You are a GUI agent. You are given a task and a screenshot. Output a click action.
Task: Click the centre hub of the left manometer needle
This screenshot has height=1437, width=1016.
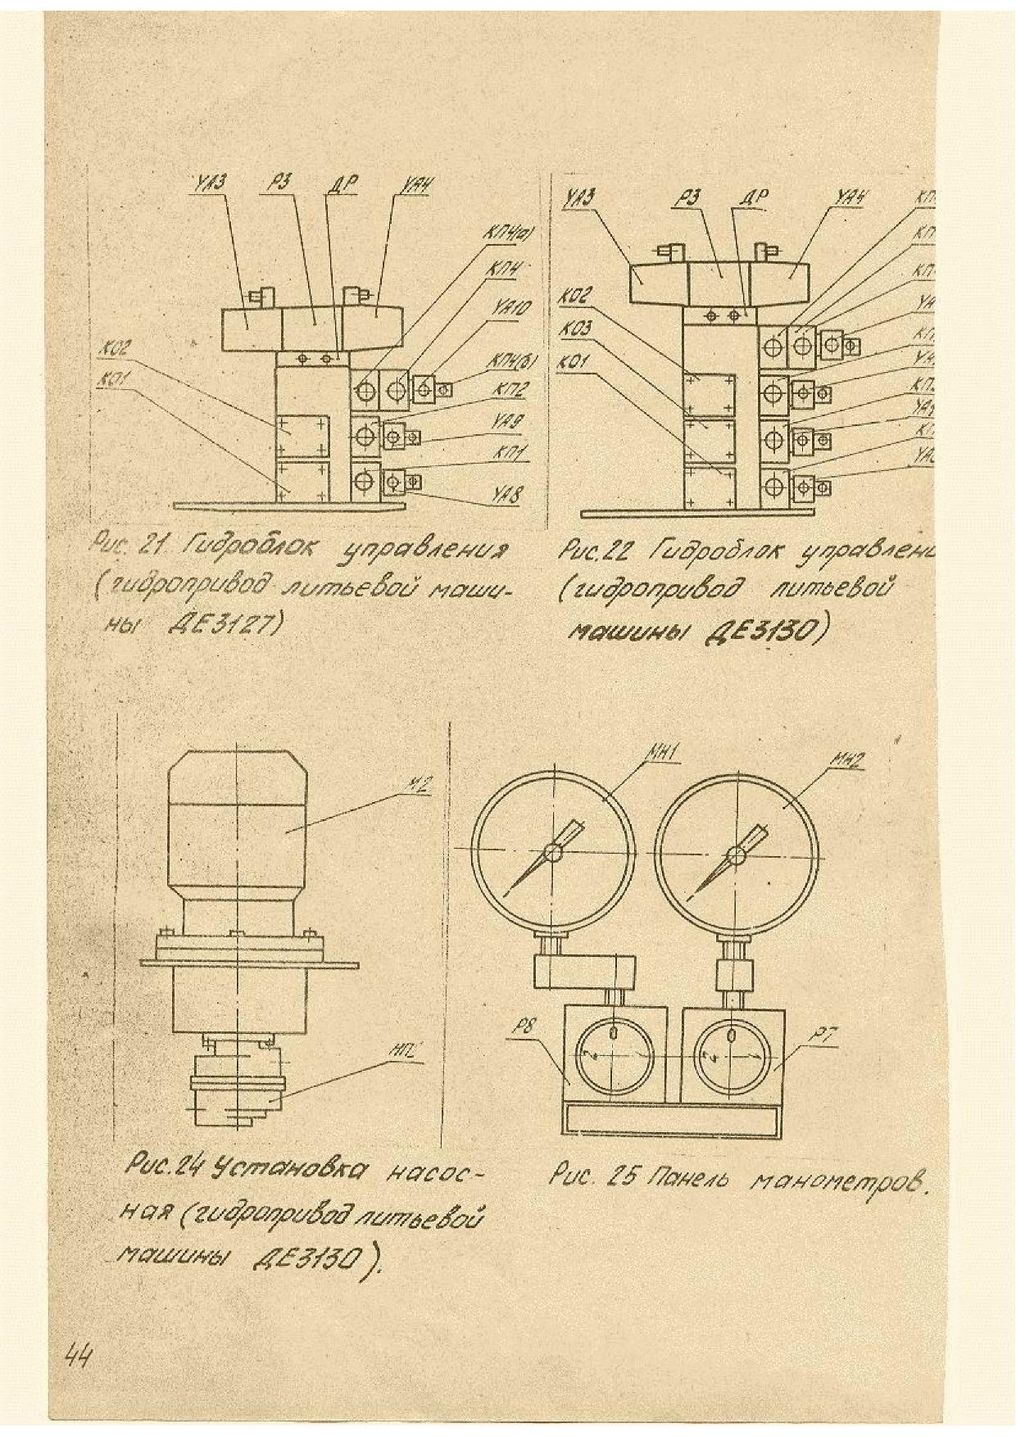click(x=553, y=854)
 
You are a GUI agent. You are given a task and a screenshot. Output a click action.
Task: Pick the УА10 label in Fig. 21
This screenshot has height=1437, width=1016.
click(x=514, y=309)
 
